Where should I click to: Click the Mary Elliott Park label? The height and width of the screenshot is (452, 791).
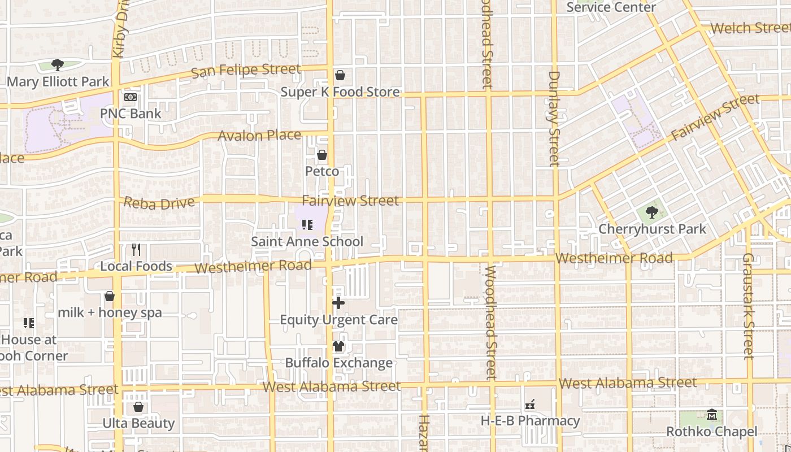click(58, 82)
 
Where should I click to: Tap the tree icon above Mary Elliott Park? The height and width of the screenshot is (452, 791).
click(57, 65)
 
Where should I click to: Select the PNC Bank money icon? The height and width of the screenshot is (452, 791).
click(131, 97)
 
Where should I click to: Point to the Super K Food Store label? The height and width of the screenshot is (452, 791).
click(340, 92)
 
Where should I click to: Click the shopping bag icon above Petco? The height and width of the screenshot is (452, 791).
click(322, 155)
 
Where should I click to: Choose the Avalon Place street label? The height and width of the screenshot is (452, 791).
click(259, 136)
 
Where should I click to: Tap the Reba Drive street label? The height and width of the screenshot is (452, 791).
click(159, 203)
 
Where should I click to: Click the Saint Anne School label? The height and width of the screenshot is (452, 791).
click(307, 242)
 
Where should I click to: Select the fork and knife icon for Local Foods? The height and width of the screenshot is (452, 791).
click(136, 250)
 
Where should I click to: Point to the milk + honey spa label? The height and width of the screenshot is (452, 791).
click(110, 312)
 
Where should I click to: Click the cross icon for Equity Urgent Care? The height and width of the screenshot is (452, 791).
click(338, 303)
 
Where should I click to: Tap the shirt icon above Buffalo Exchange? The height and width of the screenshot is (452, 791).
click(338, 346)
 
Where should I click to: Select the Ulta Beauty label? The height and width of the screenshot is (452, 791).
click(138, 423)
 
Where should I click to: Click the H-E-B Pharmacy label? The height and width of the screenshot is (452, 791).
click(530, 421)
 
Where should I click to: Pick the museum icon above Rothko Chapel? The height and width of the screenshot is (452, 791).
click(711, 415)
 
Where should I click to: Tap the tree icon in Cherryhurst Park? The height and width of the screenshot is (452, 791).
click(652, 213)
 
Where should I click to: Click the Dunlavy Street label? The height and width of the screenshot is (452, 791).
click(554, 119)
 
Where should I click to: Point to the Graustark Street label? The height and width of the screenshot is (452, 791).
click(749, 306)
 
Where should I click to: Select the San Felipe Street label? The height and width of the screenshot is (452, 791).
click(246, 71)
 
